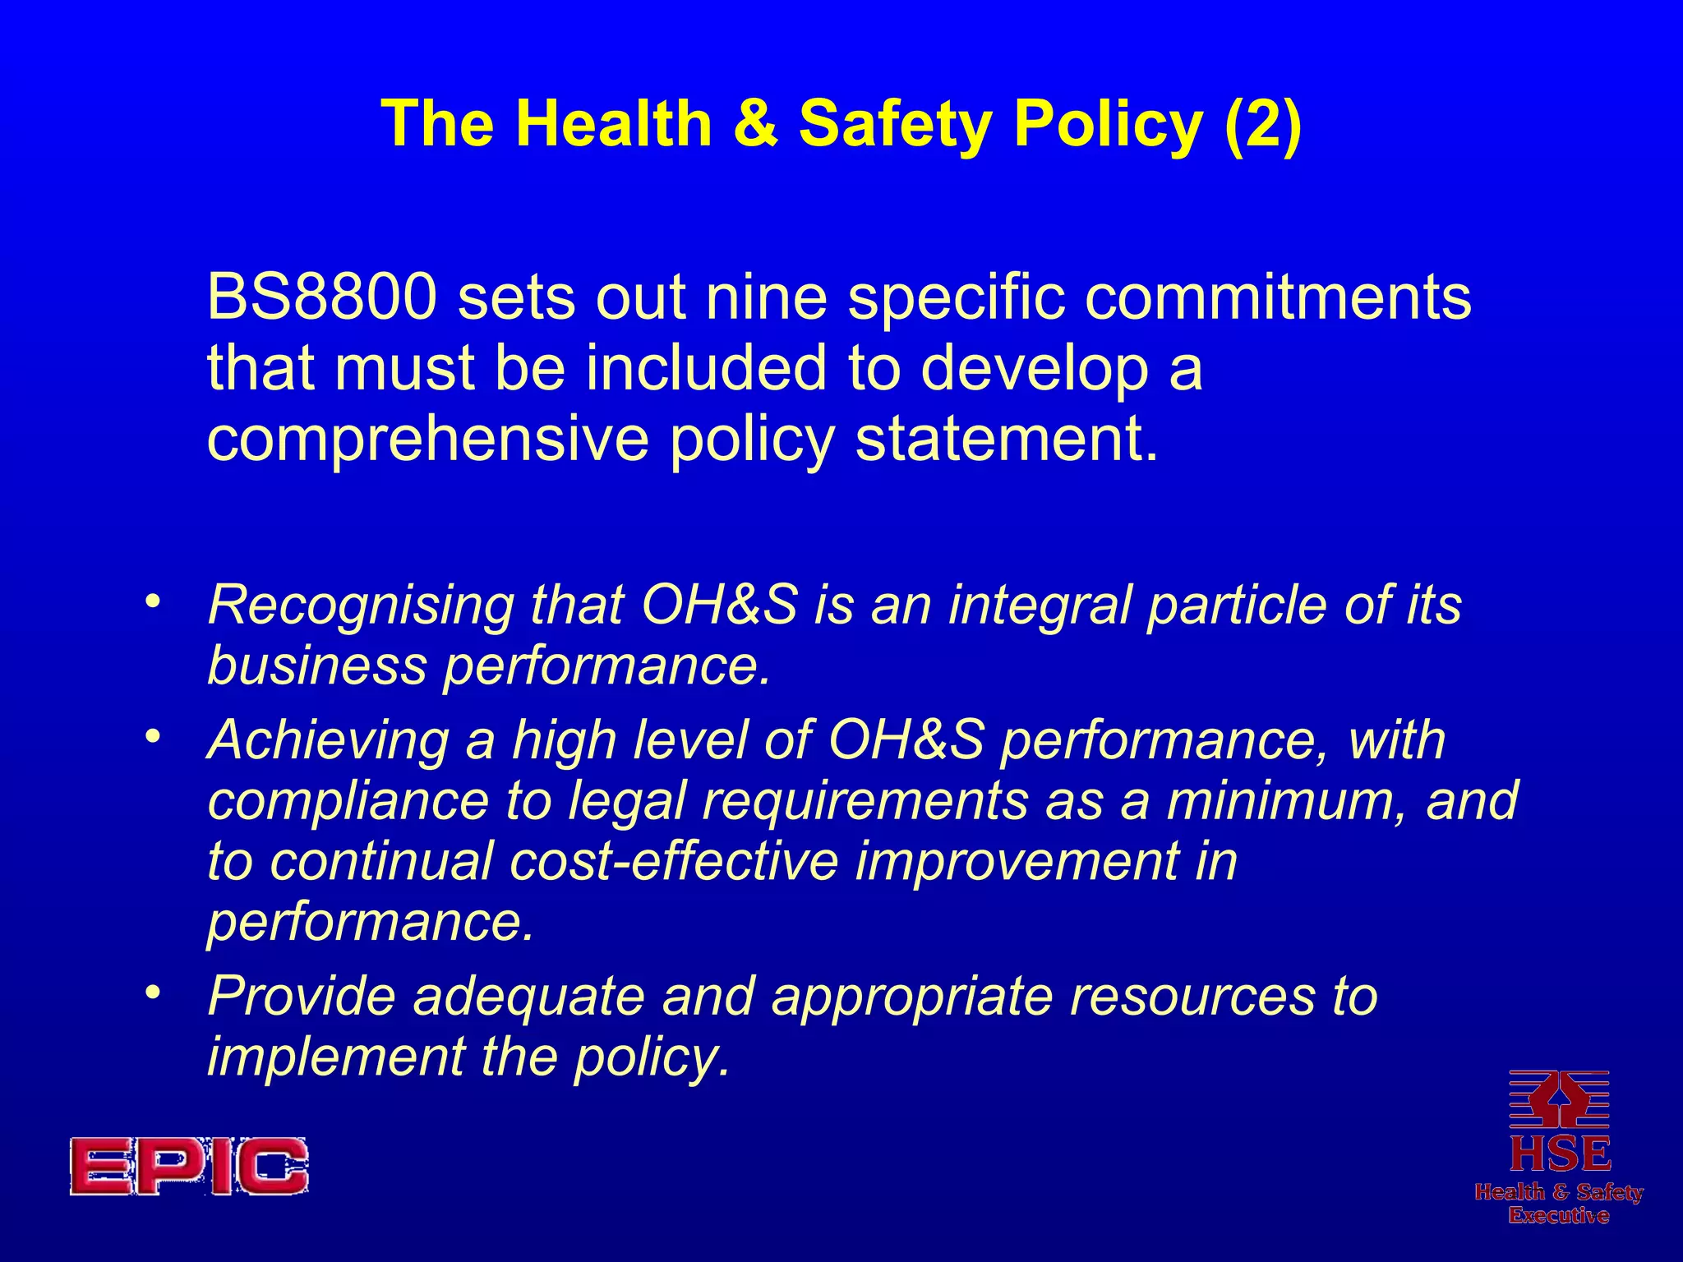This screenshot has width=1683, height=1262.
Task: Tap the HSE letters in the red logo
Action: tap(1560, 1154)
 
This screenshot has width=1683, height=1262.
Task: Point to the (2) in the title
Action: tap(1263, 123)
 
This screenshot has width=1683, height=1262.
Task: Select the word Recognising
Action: tap(361, 606)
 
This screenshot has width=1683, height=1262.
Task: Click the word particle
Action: tap(1238, 606)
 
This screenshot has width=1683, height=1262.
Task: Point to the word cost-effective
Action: tap(674, 861)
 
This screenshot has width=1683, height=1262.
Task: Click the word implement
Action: tap(335, 1057)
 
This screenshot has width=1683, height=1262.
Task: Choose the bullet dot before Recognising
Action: tap(150, 603)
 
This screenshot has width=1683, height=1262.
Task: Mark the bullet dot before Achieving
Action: tap(150, 738)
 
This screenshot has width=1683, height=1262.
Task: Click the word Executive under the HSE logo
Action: tap(1559, 1215)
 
